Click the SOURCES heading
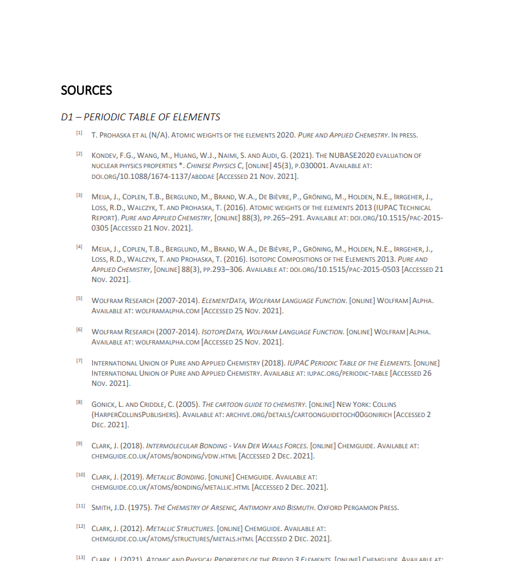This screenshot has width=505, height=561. pyautogui.click(x=87, y=90)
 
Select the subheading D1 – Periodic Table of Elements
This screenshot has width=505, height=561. pyautogui.click(x=140, y=117)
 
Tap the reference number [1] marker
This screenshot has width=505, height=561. pyautogui.click(x=80, y=133)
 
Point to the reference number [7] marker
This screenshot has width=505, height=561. pyautogui.click(x=80, y=361)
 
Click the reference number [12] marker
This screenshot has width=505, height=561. pyautogui.click(x=81, y=527)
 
